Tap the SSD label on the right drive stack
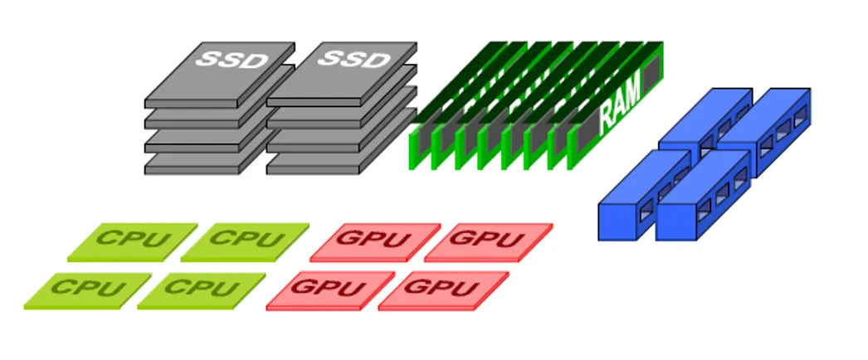click(354, 59)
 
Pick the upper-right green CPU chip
click(245, 240)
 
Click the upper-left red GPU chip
click(375, 241)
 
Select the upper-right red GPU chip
click(489, 240)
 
